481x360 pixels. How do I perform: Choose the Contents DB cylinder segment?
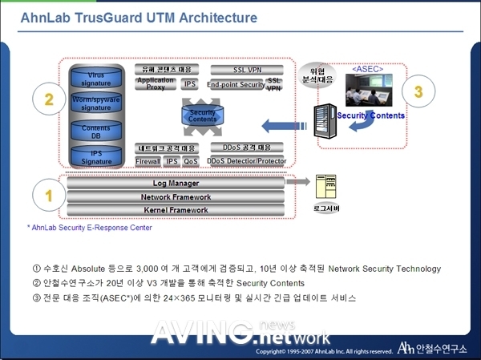96,131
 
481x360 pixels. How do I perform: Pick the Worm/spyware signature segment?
96,103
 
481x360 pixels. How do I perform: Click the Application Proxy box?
156,83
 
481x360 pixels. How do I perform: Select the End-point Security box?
235,84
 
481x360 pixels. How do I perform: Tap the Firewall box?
148,161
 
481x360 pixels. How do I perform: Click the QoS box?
191,161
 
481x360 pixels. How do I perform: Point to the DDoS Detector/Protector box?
247,161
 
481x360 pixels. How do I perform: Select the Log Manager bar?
176,184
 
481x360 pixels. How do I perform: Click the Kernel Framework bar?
176,210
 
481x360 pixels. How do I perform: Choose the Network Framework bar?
176,197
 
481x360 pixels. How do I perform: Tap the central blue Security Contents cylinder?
203,115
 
